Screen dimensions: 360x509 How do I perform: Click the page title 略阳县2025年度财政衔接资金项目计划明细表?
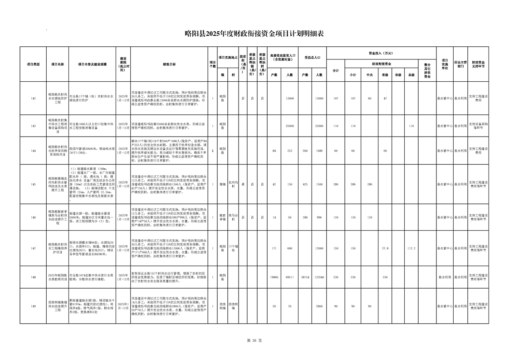click(x=254, y=33)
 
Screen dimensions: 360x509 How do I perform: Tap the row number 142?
click(x=33, y=99)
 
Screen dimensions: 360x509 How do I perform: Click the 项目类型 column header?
click(x=33, y=64)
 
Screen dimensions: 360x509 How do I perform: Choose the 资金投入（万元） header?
click(x=381, y=53)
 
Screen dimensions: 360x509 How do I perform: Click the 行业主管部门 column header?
click(x=460, y=64)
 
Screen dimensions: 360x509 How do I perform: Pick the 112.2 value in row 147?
click(x=411, y=248)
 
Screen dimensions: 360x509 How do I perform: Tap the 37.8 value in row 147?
click(x=385, y=248)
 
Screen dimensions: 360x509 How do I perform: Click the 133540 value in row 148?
click(x=319, y=276)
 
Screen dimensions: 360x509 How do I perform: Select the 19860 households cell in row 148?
click(x=274, y=276)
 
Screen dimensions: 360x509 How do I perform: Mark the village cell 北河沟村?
click(x=233, y=184)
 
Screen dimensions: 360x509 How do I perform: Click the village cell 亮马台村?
click(x=233, y=217)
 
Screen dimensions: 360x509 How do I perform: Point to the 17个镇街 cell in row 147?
click(x=233, y=248)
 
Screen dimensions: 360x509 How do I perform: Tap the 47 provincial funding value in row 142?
click(x=385, y=99)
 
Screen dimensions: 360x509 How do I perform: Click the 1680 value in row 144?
click(x=319, y=151)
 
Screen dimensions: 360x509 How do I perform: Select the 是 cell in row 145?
click(x=243, y=184)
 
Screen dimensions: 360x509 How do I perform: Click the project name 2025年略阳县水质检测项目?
click(x=58, y=276)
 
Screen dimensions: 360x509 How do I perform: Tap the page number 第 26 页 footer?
click(x=254, y=340)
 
